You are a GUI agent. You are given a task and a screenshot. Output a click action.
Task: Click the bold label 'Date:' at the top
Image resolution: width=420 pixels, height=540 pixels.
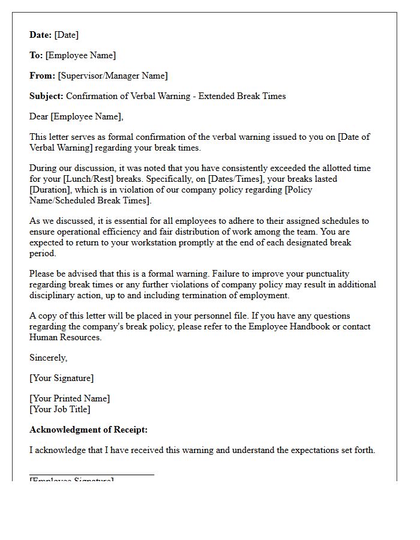pos(41,35)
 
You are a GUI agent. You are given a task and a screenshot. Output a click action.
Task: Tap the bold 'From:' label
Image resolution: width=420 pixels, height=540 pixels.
pos(42,76)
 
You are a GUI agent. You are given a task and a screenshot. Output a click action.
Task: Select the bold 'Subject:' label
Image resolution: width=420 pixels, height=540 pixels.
pos(46,96)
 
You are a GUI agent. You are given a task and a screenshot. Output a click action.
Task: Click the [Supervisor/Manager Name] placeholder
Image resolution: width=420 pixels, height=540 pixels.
pos(113,76)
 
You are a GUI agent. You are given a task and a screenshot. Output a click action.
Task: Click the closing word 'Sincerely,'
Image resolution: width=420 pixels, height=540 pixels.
pos(49,358)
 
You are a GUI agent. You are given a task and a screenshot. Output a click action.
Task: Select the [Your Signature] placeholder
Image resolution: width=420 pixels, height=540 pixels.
pos(61,378)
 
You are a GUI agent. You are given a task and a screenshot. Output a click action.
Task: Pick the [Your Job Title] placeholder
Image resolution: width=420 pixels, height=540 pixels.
pos(60,409)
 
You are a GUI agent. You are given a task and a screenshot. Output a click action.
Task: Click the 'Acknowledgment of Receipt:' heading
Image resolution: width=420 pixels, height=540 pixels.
pos(88,430)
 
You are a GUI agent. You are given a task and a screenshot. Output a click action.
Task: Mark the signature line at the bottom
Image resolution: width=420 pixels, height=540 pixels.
pos(92,475)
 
